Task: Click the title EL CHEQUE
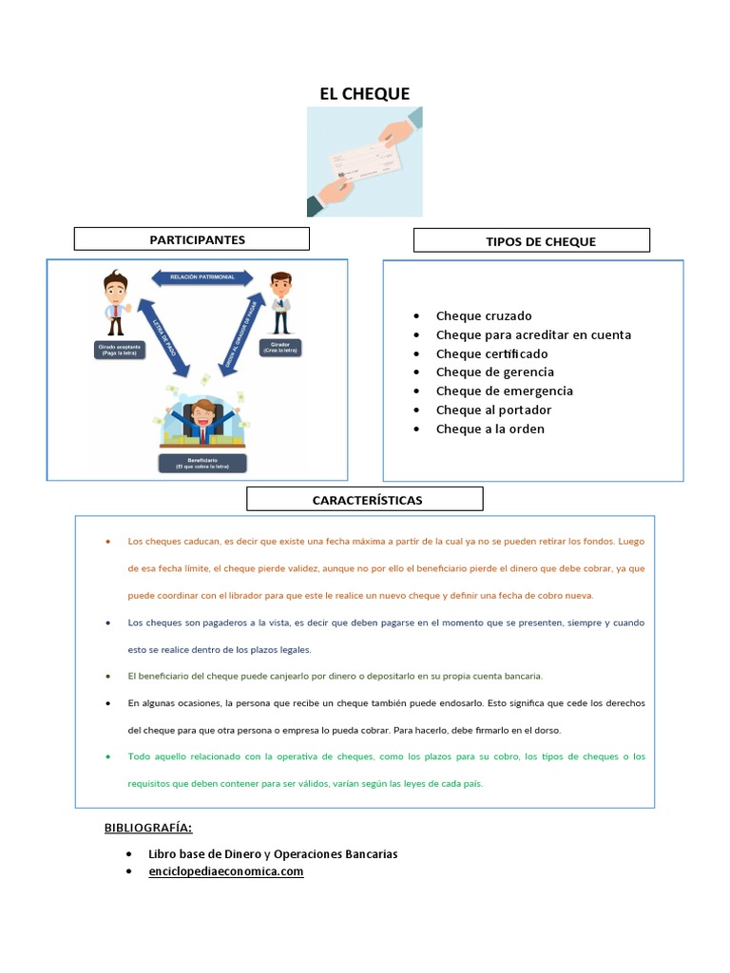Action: (x=364, y=93)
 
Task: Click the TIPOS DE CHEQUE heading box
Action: (x=531, y=240)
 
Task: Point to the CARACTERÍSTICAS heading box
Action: (x=365, y=499)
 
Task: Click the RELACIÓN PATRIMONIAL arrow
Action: (x=202, y=277)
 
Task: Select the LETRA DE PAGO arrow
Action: (x=163, y=336)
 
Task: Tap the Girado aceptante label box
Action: (x=120, y=349)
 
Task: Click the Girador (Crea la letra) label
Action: (x=281, y=348)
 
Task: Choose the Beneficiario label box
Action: (x=203, y=463)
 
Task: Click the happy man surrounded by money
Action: (x=202, y=418)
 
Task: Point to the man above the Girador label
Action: (x=280, y=303)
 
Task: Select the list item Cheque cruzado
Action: (x=484, y=315)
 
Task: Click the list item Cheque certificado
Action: (x=491, y=353)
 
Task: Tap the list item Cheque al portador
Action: (x=493, y=410)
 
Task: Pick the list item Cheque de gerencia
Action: (x=494, y=372)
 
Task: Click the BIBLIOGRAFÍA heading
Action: (x=148, y=828)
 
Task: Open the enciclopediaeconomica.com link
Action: (x=226, y=870)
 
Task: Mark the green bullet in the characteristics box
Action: (x=107, y=756)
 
